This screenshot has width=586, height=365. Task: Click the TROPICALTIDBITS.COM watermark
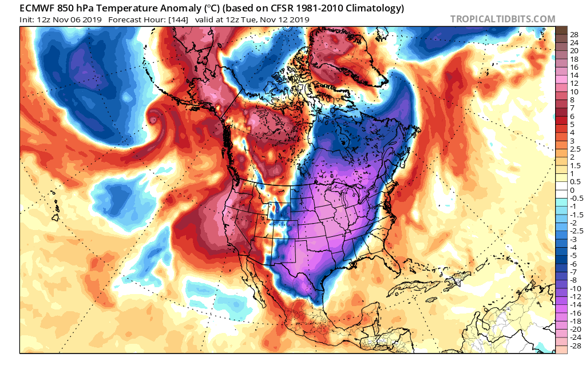pos(502,19)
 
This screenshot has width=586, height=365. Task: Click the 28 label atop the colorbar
pos(574,34)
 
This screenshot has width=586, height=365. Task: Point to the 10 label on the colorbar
pos(574,92)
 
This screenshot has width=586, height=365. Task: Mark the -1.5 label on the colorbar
pos(576,215)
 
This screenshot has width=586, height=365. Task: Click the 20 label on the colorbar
pos(574,51)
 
